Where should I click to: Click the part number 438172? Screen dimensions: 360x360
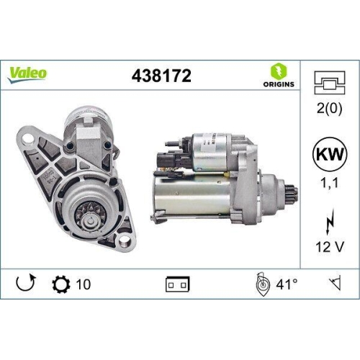click(161, 75)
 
